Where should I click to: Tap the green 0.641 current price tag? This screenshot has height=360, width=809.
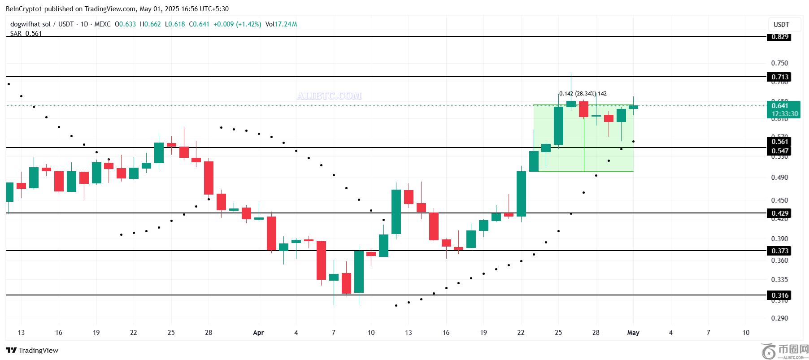783,106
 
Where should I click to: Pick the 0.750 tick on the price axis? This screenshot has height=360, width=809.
779,63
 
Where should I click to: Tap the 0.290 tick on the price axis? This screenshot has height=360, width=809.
779,318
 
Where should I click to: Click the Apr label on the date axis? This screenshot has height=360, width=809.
258,333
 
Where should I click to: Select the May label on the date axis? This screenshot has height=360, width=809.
633,333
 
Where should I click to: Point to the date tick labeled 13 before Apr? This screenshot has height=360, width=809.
21,333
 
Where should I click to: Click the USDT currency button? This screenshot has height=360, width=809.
781,25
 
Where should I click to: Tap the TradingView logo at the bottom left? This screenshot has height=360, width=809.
32,350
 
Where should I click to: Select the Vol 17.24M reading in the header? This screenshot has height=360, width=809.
281,24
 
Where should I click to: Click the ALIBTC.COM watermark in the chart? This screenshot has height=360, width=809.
329,95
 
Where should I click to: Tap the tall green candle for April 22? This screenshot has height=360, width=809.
521,194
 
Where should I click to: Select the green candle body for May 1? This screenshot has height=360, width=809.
633,107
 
